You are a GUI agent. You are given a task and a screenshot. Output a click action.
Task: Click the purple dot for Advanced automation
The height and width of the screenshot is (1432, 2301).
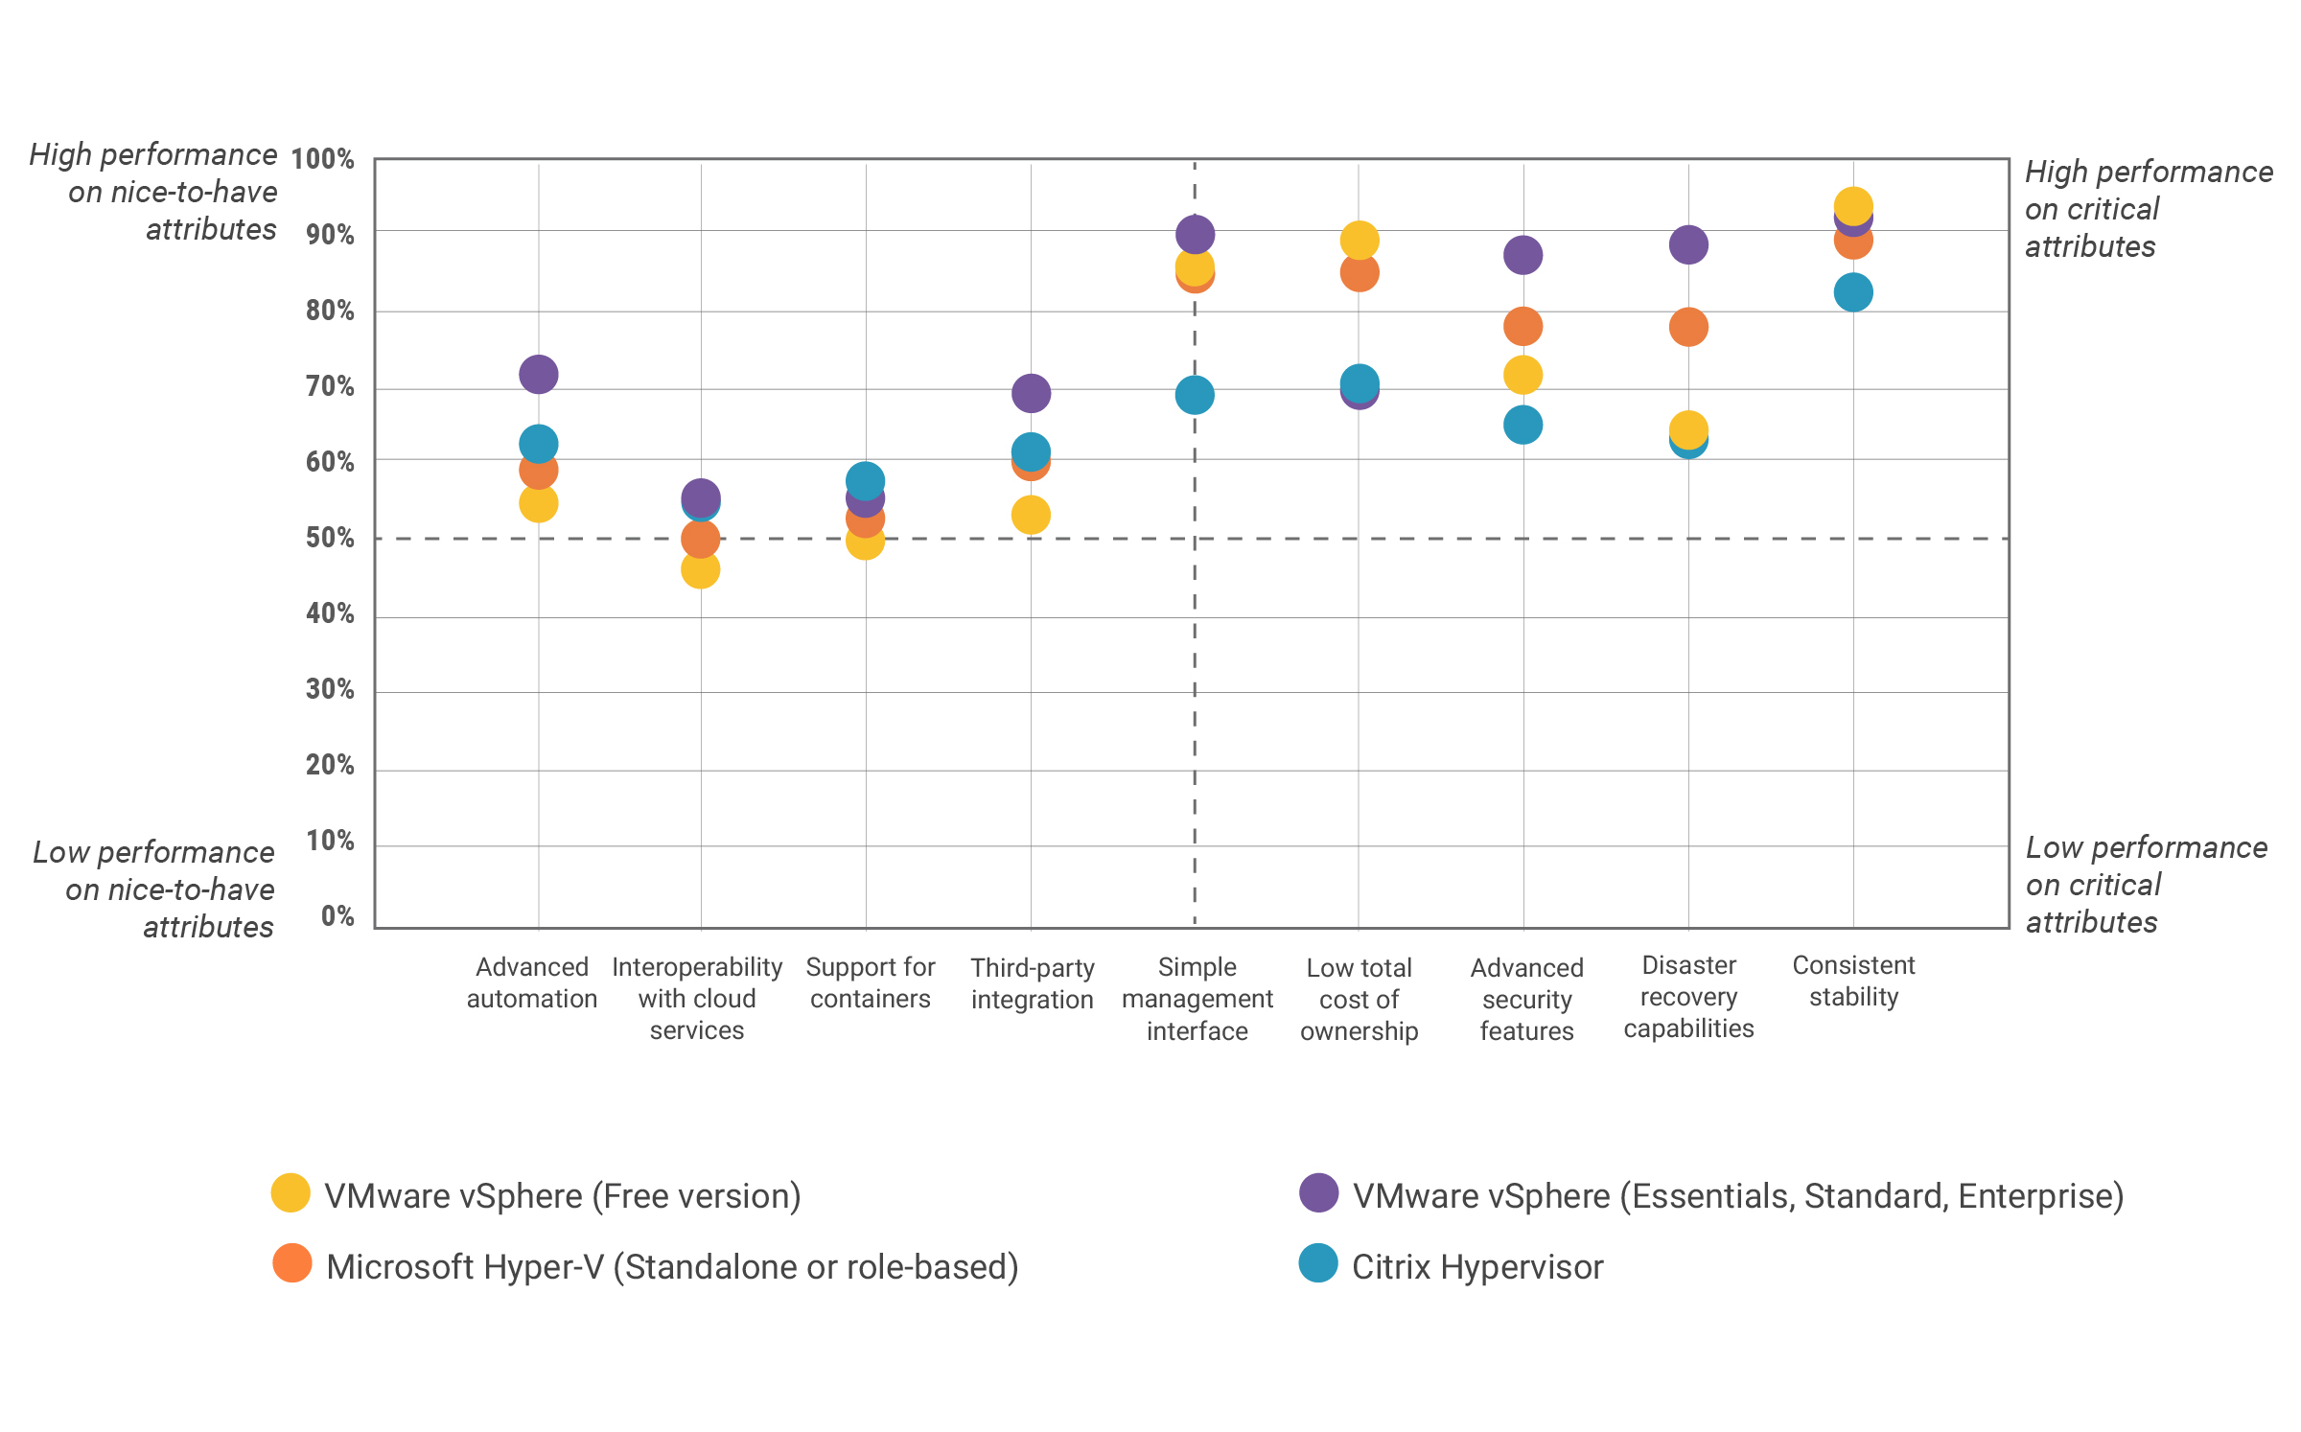tap(539, 374)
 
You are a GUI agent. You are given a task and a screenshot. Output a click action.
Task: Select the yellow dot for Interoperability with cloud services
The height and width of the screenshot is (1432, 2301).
tap(701, 570)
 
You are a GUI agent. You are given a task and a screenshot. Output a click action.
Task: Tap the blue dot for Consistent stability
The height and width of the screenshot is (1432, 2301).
tap(1853, 292)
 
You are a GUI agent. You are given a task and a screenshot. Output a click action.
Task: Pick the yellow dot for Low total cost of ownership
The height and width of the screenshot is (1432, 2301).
tap(1360, 240)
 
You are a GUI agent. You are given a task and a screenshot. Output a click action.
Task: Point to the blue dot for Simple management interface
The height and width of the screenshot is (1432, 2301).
tap(1195, 395)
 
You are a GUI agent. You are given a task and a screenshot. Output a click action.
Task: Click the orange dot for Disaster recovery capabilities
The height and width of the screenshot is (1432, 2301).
tap(1688, 327)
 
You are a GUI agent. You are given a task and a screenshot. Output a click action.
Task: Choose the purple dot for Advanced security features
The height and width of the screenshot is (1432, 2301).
tap(1523, 255)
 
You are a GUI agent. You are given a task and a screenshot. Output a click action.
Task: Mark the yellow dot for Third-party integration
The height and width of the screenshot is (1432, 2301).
tap(1031, 516)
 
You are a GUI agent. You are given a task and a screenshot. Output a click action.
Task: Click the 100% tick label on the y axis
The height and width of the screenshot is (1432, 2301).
tap(323, 159)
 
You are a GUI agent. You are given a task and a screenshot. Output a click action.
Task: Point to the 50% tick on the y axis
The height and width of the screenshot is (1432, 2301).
tap(330, 538)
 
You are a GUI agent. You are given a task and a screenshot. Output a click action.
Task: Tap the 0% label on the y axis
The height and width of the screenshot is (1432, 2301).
tap(337, 916)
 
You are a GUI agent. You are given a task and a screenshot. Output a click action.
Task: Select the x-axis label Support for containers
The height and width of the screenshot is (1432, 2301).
tap(870, 982)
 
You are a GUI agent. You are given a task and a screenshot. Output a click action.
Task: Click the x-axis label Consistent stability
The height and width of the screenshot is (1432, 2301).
tap(1853, 981)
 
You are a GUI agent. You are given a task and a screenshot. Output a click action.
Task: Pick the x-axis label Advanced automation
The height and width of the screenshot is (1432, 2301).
tap(532, 982)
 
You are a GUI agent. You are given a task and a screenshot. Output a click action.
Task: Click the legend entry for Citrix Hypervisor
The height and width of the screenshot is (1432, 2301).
tap(1476, 1267)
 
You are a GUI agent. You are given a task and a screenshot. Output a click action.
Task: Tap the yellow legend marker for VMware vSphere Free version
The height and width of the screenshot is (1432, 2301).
tap(291, 1193)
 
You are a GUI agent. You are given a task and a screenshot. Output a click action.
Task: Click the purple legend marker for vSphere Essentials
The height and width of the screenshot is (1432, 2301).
tap(1319, 1193)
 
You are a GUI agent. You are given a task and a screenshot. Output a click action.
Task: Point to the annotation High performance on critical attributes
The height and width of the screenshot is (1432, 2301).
tap(2148, 209)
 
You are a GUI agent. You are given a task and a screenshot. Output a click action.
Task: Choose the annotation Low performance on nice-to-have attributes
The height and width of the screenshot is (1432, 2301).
tap(155, 889)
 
